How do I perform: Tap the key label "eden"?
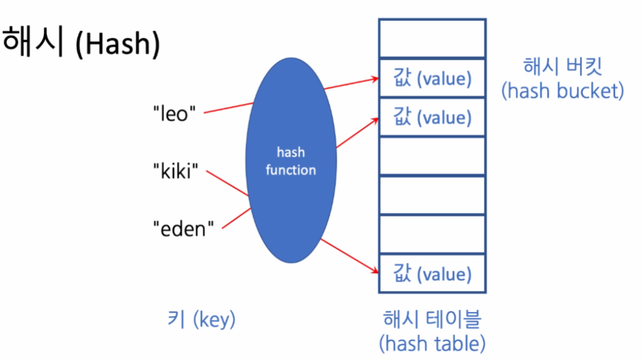[184, 228]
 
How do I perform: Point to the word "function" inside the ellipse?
[291, 170]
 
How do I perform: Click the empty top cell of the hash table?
[432, 39]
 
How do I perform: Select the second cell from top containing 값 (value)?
[432, 78]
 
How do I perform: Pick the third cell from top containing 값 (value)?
[432, 118]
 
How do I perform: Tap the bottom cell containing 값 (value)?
[432, 274]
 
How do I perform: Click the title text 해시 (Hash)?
[81, 43]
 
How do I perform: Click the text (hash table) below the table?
[432, 342]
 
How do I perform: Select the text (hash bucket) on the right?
[562, 91]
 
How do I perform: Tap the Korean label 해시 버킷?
[562, 66]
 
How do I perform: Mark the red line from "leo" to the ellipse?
[228, 108]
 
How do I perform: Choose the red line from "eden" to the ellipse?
[237, 218]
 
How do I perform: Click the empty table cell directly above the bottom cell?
[432, 234]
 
